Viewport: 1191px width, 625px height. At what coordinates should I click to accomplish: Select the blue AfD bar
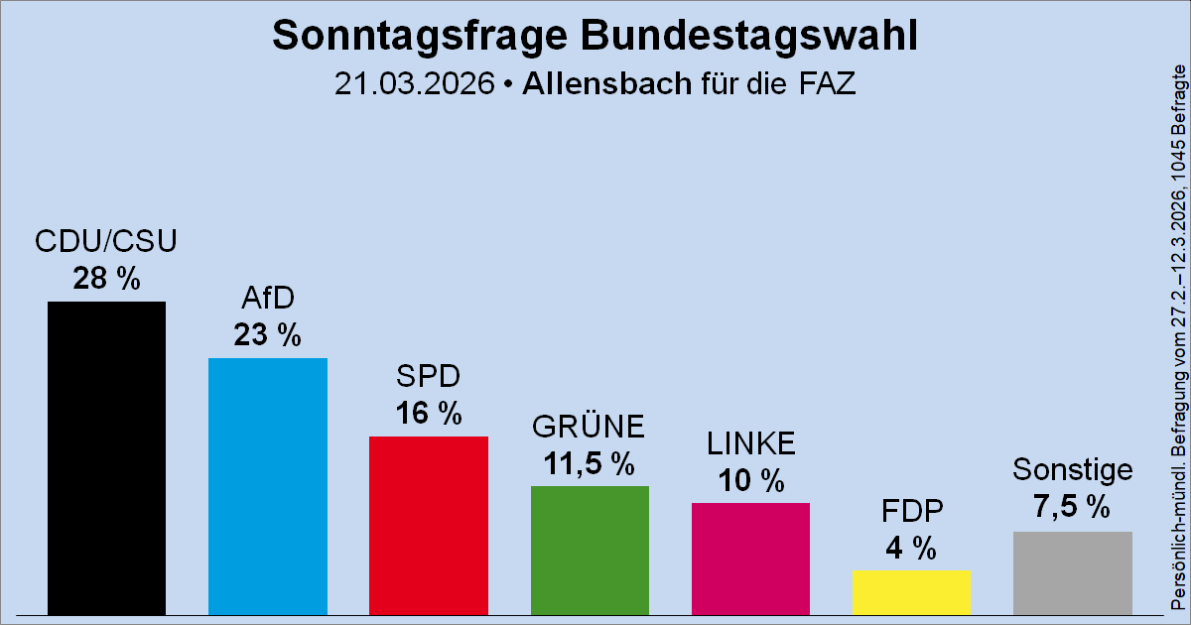click(268, 486)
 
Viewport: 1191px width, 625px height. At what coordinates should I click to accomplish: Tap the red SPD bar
click(429, 524)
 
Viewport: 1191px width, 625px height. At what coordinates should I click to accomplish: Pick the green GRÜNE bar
click(590, 549)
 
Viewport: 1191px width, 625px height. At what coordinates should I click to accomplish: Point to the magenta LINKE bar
click(750, 558)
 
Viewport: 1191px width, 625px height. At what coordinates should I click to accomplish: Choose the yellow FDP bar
click(911, 591)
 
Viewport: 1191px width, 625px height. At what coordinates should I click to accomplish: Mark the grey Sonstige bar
click(1072, 571)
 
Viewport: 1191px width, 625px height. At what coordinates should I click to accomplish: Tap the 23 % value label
click(268, 335)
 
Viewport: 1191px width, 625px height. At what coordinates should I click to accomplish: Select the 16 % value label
click(429, 413)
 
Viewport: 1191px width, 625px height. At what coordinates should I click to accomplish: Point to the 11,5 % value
click(590, 462)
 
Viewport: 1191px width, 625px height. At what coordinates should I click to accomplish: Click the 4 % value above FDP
click(911, 548)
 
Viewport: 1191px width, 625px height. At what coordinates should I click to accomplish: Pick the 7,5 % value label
click(1072, 507)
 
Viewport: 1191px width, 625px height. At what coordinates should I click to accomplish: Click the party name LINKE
click(750, 443)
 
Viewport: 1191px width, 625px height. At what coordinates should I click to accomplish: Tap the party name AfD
click(268, 299)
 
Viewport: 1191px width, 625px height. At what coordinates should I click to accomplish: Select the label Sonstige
click(1072, 469)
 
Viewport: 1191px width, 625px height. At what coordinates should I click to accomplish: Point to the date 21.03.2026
click(414, 84)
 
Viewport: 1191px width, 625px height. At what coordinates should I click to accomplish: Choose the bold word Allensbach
click(605, 84)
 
